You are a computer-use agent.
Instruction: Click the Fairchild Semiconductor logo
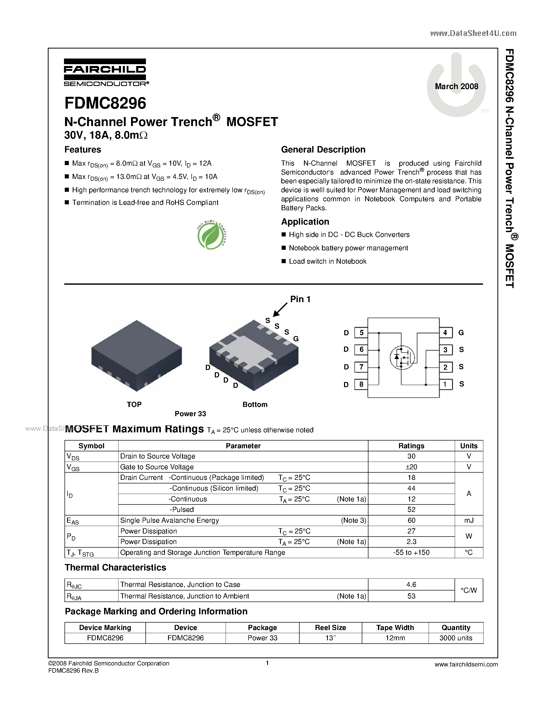[x=105, y=72]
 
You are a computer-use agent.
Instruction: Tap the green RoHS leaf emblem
[x=211, y=235]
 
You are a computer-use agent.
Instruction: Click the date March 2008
[x=456, y=86]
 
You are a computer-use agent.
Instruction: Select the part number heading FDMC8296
[x=105, y=103]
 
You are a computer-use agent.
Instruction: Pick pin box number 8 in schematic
[x=361, y=384]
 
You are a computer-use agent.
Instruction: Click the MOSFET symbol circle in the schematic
[x=402, y=358]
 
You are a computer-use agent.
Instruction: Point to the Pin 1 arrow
[x=280, y=309]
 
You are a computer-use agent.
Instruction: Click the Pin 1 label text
[x=300, y=299]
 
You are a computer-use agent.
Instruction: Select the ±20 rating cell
[x=411, y=467]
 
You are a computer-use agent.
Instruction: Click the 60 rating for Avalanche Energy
[x=411, y=520]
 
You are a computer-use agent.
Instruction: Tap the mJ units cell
[x=469, y=520]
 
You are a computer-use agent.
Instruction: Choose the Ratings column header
[x=411, y=446]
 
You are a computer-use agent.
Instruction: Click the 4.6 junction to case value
[x=411, y=585]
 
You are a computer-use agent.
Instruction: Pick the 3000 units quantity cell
[x=456, y=638]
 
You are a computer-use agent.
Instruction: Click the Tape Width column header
[x=395, y=627]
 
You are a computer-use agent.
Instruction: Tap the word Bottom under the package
[x=255, y=404]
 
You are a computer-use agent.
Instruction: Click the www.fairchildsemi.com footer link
[x=466, y=664]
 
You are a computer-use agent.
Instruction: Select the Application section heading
[x=305, y=222]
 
